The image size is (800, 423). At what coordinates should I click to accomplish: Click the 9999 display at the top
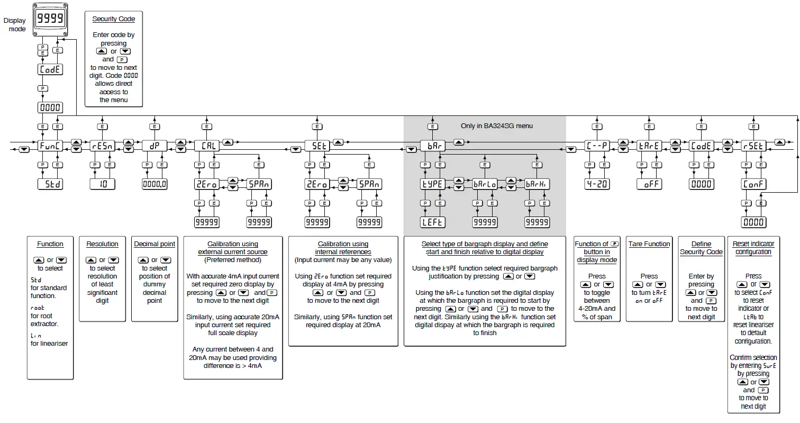[50, 20]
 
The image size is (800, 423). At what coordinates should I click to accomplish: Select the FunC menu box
[50, 146]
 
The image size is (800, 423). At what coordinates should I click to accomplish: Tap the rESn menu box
[102, 146]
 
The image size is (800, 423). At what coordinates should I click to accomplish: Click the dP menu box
[154, 146]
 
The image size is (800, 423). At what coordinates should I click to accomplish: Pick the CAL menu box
[206, 146]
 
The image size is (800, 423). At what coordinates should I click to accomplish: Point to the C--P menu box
[597, 146]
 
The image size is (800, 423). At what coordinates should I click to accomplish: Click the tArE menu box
[649, 146]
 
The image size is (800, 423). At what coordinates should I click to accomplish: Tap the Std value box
[50, 184]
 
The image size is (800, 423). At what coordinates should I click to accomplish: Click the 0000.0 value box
[154, 184]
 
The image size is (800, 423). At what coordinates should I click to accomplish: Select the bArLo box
[485, 184]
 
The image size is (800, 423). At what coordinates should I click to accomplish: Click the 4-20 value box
[597, 184]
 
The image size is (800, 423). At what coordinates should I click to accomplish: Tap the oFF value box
[649, 184]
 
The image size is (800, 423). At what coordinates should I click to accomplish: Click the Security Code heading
[114, 19]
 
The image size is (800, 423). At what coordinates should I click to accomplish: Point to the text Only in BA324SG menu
[496, 126]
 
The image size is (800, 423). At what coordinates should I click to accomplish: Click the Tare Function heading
[649, 244]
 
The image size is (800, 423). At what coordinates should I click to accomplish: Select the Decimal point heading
[154, 244]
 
